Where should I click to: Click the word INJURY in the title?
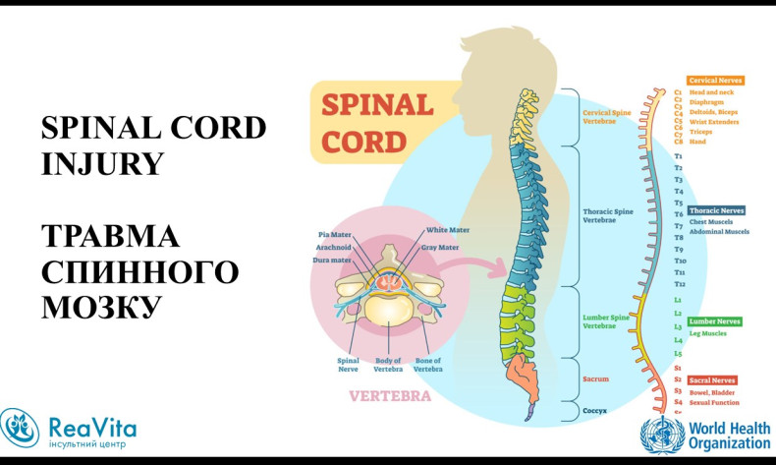102,163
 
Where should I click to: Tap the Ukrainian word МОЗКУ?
100,307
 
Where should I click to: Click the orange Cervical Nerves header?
715,81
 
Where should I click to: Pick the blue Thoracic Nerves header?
716,210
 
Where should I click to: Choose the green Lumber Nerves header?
715,321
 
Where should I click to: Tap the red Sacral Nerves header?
713,379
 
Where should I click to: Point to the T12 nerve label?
680,284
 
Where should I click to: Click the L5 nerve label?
678,353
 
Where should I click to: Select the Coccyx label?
596,411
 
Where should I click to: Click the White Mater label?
447,230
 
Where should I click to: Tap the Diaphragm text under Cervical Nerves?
709,101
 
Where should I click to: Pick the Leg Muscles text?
708,334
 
